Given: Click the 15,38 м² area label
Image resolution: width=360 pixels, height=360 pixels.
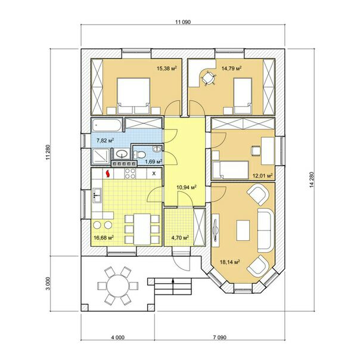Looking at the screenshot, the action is coord(167,68).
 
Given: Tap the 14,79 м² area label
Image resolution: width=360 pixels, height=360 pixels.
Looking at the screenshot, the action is coord(231,68).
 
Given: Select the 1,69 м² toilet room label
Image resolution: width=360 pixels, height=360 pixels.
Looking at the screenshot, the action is coord(153,162).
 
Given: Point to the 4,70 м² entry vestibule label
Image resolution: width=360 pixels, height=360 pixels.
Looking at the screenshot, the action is coord(180,238).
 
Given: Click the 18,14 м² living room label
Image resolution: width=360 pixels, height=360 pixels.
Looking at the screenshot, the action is coord(230,262).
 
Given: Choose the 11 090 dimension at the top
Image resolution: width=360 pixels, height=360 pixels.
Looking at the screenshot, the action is coord(183,22).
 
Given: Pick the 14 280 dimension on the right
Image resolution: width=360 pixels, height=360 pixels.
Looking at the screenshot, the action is coord(311,180).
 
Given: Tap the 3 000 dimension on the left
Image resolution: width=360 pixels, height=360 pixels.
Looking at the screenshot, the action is coord(48,284).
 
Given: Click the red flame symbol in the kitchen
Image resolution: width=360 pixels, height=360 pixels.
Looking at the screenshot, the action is coord(107,173).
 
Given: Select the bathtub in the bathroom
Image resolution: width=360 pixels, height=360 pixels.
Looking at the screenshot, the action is coord(106,125).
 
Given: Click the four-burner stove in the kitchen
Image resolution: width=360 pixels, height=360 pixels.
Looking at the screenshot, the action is coord(130,173).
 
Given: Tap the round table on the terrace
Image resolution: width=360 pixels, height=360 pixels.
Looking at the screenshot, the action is coord(118,285).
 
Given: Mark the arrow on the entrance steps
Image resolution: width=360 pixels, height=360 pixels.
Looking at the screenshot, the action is coord(173,287).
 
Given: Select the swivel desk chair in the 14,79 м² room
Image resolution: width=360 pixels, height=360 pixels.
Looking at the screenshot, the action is coord(208,78).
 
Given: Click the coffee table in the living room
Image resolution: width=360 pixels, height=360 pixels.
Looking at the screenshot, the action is coord(243,230).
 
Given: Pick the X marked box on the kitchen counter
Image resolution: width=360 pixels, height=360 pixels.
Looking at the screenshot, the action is coord(154,173).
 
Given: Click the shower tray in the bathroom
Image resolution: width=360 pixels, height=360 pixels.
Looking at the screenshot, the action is coord(101,156).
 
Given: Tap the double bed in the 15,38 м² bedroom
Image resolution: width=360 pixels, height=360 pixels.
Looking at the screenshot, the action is coord(134,96).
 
